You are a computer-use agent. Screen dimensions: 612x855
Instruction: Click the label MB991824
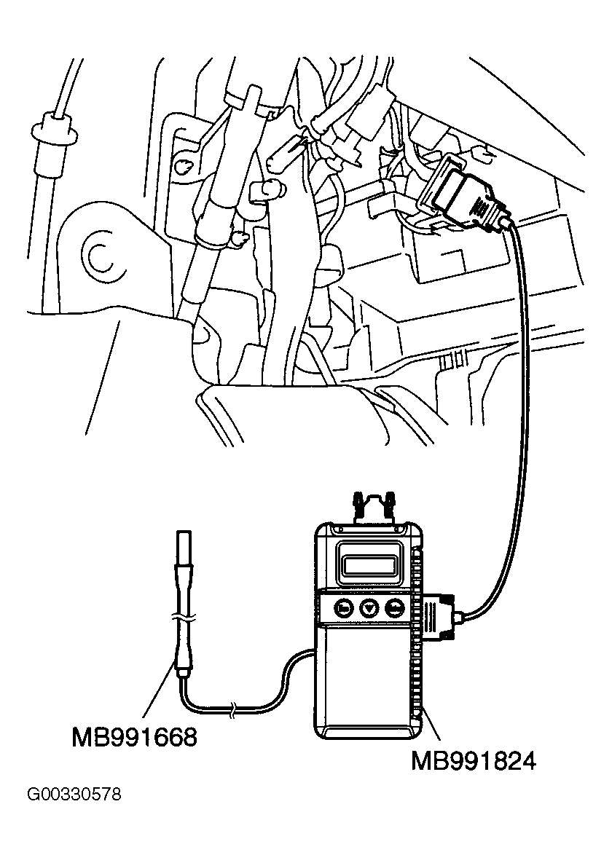474,761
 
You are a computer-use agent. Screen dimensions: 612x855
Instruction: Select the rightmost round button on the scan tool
395,607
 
